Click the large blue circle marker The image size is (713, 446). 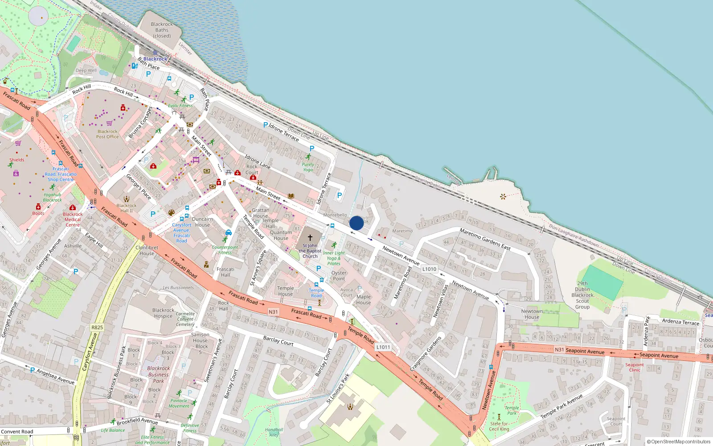click(356, 223)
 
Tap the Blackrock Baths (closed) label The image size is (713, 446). click(162, 30)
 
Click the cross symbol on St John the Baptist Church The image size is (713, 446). click(310, 238)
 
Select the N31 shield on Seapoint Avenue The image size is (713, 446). click(559, 350)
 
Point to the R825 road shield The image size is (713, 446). click(97, 327)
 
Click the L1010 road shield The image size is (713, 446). click(429, 269)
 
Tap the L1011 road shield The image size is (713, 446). click(383, 347)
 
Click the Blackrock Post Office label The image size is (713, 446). click(107, 134)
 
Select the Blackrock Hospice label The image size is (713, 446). click(163, 313)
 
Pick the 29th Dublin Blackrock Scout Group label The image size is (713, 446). click(582, 295)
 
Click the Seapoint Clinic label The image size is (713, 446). click(635, 367)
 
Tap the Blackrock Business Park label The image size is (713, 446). click(158, 375)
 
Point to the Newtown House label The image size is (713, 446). click(532, 314)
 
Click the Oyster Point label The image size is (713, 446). click(339, 276)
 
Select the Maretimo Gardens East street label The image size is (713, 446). click(485, 239)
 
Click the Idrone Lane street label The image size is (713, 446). click(258, 161)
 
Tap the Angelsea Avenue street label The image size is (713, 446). click(56, 376)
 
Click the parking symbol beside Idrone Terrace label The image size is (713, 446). click(266, 125)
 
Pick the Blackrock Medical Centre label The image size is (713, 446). click(73, 219)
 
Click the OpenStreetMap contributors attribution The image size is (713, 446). click(679, 442)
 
